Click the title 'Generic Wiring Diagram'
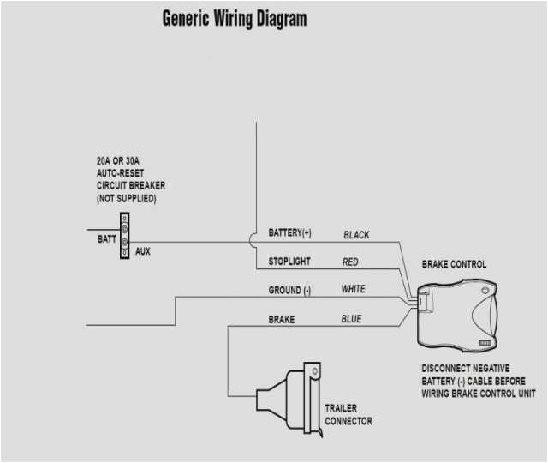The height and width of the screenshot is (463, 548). click(x=234, y=18)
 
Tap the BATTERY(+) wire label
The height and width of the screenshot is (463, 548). click(x=290, y=233)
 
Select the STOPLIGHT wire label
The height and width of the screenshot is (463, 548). click(x=289, y=261)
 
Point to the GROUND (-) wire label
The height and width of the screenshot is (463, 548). click(x=289, y=291)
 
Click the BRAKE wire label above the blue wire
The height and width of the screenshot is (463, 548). click(x=282, y=319)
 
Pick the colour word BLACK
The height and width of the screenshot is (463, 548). click(x=356, y=234)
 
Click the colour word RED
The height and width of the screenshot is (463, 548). click(x=350, y=262)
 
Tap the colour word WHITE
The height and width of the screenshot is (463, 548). click(x=353, y=290)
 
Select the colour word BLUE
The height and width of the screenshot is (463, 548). click(x=351, y=319)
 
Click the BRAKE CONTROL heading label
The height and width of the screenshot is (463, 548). click(x=454, y=264)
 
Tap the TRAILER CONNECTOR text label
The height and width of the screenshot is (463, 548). click(x=348, y=414)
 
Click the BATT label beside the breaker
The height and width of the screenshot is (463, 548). click(x=107, y=240)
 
